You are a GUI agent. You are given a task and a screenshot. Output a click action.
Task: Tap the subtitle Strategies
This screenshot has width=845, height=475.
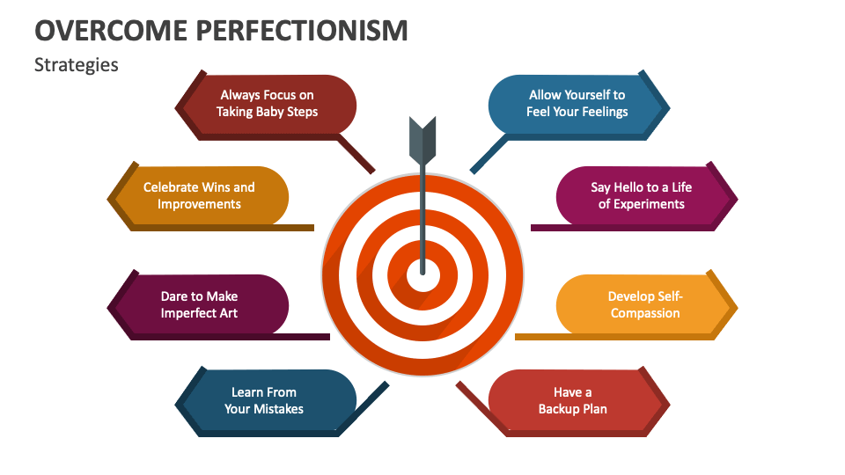[x=76, y=64]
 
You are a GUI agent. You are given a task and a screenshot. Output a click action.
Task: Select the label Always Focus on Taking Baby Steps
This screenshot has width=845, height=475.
[x=267, y=103]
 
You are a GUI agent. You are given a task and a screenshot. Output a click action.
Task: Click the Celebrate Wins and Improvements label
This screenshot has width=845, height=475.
[x=199, y=195]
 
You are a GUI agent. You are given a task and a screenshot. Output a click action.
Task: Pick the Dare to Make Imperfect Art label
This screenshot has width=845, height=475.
[x=199, y=304]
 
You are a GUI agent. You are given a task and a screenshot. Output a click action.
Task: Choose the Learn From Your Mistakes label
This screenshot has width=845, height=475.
[x=263, y=400]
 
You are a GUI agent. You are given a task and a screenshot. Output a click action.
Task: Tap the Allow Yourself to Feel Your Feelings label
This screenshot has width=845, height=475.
[x=577, y=103]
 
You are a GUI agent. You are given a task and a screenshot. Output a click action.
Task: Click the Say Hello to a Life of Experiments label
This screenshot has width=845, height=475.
[x=641, y=195]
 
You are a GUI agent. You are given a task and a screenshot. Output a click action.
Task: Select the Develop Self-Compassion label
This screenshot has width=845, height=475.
[x=645, y=304]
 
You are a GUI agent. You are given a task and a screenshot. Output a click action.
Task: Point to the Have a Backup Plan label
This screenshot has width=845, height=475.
[x=572, y=400]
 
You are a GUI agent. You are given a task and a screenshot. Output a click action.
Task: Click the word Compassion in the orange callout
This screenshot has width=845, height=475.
[x=645, y=313]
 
